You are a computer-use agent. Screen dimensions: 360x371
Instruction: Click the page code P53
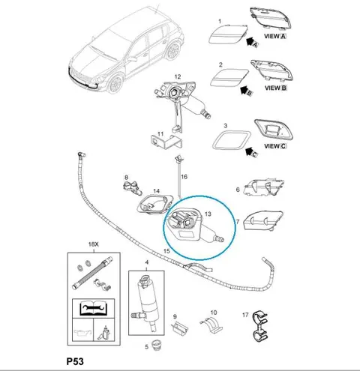(x=75, y=361)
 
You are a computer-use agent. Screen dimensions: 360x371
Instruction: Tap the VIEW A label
(x=275, y=36)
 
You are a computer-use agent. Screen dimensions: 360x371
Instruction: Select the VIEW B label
(x=276, y=88)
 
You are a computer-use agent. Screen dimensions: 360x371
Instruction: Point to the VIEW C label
(x=275, y=146)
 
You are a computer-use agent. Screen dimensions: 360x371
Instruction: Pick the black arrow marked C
(x=250, y=152)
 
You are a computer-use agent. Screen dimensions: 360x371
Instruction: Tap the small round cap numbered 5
(x=157, y=345)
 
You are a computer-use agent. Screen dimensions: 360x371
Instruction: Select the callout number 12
(x=178, y=76)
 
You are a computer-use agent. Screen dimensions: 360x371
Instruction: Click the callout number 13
(x=208, y=214)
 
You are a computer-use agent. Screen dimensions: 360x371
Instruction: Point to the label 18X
(x=94, y=244)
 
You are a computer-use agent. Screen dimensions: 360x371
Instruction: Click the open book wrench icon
(x=93, y=308)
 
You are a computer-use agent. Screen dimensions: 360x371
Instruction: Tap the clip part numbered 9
(x=180, y=328)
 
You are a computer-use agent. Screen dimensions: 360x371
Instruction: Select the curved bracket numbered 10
(x=212, y=325)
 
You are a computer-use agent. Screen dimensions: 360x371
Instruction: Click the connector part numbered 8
(x=132, y=188)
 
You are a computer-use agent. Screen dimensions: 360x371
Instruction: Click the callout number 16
(x=184, y=177)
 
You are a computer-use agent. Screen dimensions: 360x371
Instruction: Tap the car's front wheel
(x=115, y=84)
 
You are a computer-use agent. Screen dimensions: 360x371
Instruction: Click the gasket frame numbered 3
(x=231, y=140)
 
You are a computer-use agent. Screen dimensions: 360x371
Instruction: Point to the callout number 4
(x=147, y=262)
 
